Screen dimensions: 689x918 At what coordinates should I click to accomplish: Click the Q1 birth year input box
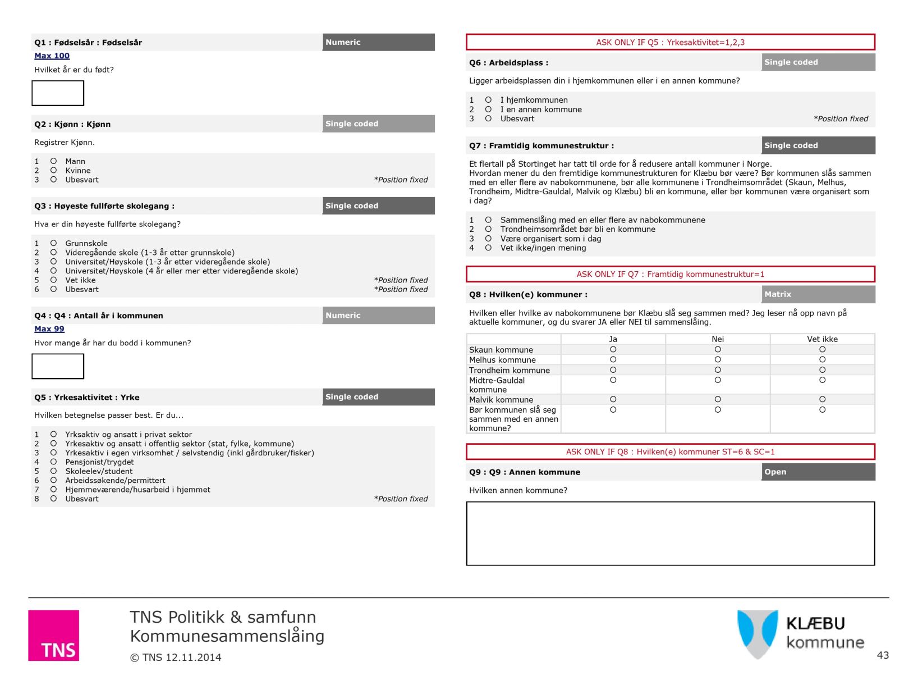tap(58, 93)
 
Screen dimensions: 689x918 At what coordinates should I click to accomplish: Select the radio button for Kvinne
tap(54, 170)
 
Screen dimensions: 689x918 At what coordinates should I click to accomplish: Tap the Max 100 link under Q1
tap(52, 56)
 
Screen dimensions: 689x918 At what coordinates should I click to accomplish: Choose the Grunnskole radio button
tap(54, 243)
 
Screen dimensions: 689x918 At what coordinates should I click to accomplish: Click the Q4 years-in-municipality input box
tap(58, 366)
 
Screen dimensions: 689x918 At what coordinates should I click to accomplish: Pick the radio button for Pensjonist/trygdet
tap(54, 462)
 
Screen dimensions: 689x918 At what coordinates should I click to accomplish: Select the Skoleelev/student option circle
tap(54, 471)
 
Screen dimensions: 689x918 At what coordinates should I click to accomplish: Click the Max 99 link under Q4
tap(49, 329)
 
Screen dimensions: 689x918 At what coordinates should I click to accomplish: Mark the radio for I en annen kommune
tap(488, 109)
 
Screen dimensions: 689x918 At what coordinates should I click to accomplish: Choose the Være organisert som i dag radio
tap(488, 239)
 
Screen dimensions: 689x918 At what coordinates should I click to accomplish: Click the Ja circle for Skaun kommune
tap(613, 349)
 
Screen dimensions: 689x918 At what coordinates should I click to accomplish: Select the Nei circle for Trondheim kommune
tap(718, 370)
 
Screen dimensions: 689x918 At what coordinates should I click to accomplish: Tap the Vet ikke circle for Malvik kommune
tap(822, 399)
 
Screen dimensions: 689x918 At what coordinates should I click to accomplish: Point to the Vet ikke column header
tap(822, 339)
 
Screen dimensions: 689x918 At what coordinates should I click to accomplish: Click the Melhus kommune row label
tap(502, 360)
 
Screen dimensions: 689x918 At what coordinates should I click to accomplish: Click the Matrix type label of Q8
tap(778, 294)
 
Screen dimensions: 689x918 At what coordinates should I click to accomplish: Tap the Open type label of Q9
tap(775, 472)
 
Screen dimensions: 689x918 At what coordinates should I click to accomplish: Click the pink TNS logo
tap(54, 635)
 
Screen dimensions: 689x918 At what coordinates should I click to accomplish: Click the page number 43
tap(883, 655)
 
